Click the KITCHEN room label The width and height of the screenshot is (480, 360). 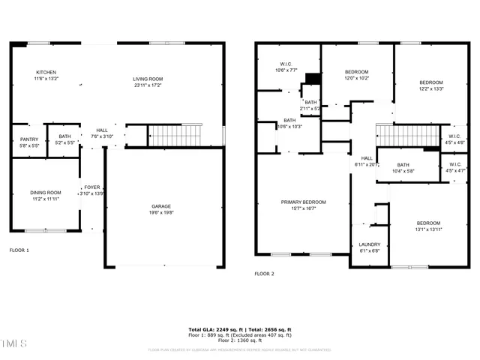coord(46,73)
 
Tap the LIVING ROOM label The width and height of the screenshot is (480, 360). coord(148,79)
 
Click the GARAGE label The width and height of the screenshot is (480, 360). coord(162,205)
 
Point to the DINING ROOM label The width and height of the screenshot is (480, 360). coord(45,193)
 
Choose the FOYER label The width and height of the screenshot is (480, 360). coord(91,187)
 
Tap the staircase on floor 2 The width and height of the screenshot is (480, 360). coord(406,136)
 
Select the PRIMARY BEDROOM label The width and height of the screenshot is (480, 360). coord(304,202)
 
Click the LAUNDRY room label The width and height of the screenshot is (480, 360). coord(370,244)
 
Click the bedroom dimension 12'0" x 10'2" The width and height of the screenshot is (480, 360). coord(357,78)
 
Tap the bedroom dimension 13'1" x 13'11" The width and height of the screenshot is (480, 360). coord(428,229)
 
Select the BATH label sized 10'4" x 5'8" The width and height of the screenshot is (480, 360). coord(403,165)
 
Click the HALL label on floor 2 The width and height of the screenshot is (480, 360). coord(367,158)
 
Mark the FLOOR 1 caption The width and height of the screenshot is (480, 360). coord(19,250)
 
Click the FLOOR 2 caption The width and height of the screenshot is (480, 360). coord(264,274)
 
